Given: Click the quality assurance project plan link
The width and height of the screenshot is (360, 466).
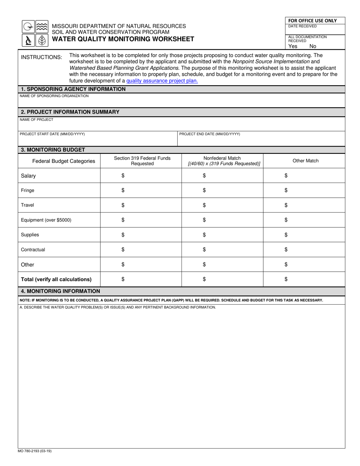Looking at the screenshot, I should point(162,81).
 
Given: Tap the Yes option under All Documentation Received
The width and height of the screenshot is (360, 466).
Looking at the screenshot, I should point(293,46).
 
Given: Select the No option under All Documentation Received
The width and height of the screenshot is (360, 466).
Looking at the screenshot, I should point(313,46).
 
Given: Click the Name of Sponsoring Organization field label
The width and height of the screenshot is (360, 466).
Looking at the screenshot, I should point(54,96).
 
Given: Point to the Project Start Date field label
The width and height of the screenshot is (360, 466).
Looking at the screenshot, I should point(52,134).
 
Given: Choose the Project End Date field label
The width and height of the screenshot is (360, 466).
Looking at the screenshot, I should point(210,134).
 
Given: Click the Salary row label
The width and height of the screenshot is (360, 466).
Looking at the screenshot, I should point(28,176).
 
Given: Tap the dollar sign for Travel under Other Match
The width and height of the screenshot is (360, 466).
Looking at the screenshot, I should point(286,205).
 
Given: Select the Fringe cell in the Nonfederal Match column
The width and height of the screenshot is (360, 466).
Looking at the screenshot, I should point(222,190).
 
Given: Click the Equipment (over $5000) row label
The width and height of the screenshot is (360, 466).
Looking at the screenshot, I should point(46,220).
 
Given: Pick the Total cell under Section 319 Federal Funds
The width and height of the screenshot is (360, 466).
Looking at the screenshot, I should point(141,279).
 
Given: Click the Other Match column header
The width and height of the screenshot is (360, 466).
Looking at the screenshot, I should point(305,161).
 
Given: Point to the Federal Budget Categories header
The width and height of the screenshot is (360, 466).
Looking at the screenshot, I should point(64,161).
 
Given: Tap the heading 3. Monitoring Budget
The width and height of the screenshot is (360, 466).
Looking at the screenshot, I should point(53,150).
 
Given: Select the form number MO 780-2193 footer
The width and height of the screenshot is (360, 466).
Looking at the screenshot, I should point(34,451).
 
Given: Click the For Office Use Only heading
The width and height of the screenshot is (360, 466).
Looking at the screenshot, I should point(312,20).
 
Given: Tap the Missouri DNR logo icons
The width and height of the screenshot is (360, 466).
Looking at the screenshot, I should point(35,33).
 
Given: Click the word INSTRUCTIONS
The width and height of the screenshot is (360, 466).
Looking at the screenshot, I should point(41,57).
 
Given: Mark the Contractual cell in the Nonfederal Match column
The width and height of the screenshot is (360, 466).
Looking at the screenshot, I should point(222,249).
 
